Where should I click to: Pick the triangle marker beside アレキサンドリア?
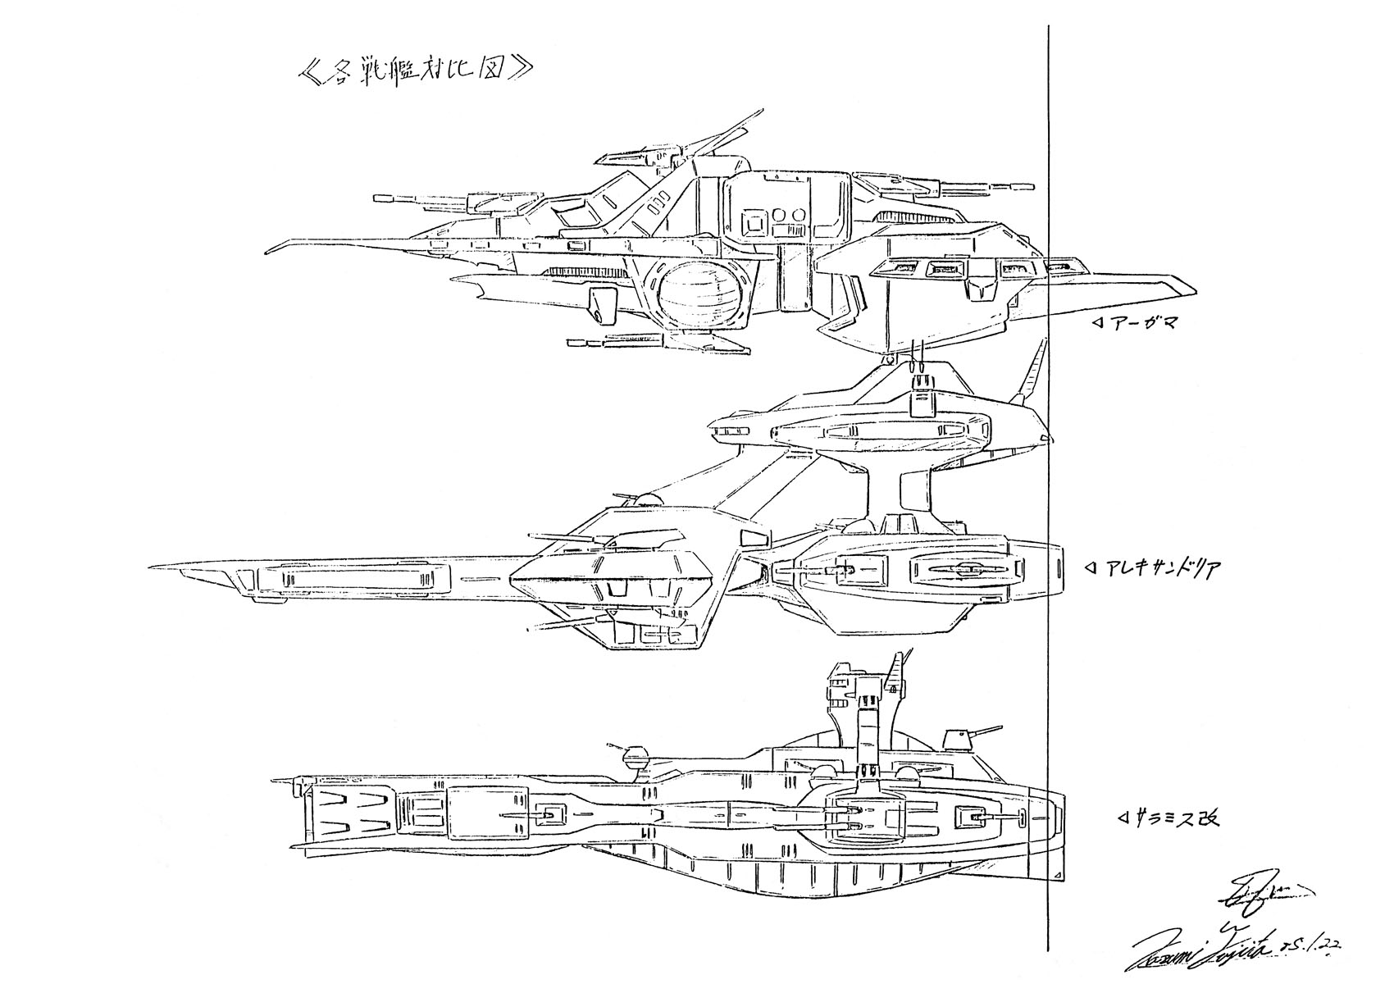[x=1091, y=567]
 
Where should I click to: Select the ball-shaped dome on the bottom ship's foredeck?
[x=636, y=758]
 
